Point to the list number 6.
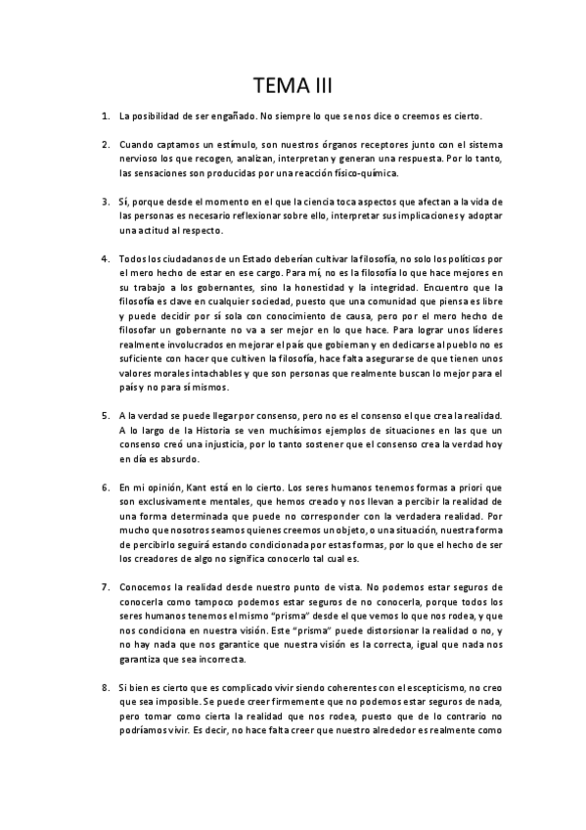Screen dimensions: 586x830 click(105, 487)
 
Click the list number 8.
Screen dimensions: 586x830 click(105, 688)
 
